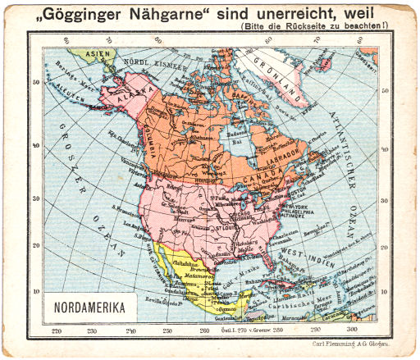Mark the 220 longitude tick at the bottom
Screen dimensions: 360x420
pos(56,330)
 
